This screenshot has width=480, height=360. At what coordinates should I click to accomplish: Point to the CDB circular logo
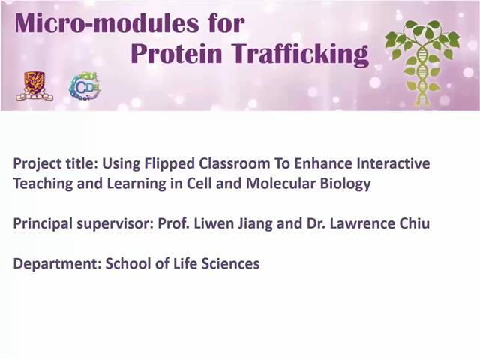click(85, 87)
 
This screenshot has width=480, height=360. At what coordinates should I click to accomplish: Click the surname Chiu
click(414, 223)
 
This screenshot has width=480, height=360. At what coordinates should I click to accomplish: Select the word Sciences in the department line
click(233, 263)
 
